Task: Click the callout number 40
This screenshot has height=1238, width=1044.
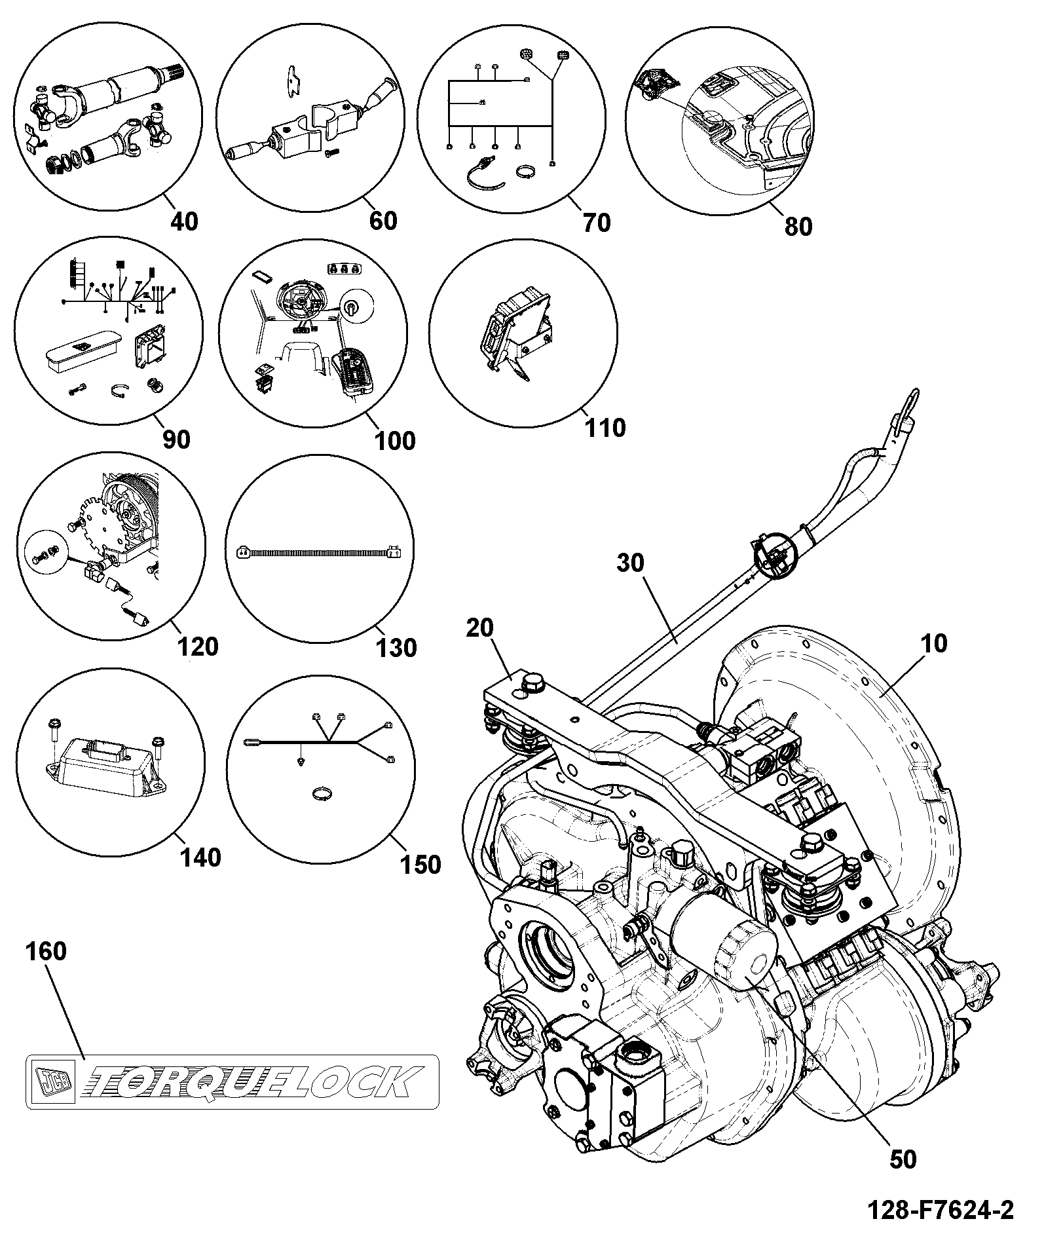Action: click(184, 221)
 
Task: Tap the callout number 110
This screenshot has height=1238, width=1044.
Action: click(606, 428)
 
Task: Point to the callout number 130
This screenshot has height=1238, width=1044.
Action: click(397, 648)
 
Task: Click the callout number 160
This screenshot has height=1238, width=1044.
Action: click(47, 950)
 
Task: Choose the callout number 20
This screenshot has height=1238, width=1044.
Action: click(480, 628)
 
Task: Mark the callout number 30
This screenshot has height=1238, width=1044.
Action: click(630, 563)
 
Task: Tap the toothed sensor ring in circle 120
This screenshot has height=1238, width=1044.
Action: click(105, 524)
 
